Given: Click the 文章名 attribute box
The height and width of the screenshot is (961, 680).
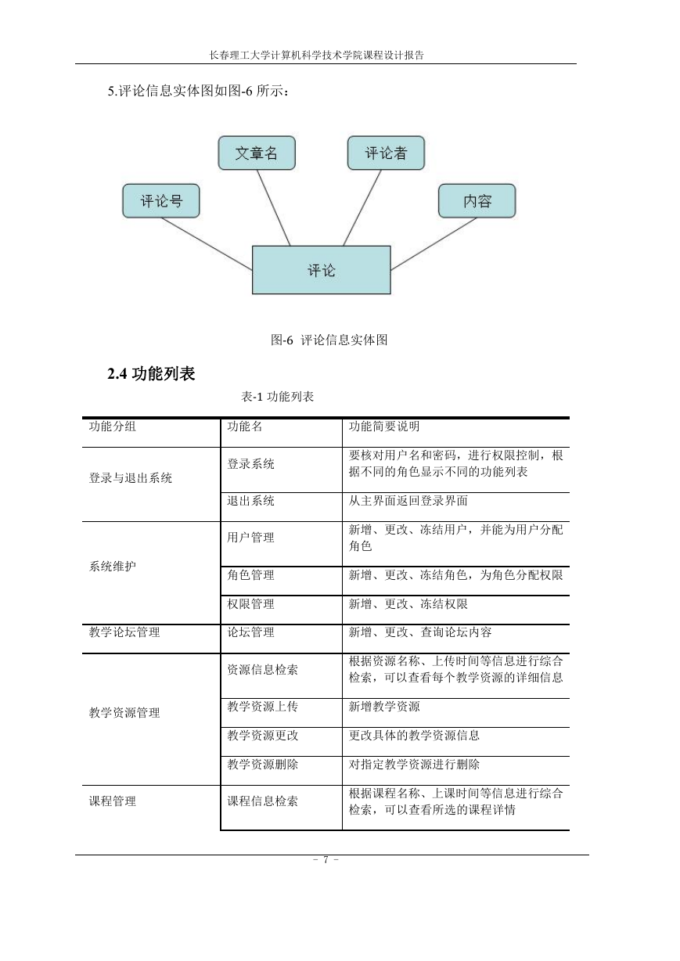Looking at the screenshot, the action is point(257,153).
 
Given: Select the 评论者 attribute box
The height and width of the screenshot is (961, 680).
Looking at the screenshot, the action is point(386,153).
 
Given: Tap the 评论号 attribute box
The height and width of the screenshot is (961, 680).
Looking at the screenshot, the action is point(161,201).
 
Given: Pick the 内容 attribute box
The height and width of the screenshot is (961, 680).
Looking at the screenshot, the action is point(477,201).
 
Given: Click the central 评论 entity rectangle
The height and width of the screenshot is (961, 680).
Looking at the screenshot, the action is point(322,270).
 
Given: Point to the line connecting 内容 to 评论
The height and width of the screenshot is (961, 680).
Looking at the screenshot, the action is point(434,243).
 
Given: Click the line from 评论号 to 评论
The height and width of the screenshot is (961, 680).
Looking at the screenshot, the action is point(207,243).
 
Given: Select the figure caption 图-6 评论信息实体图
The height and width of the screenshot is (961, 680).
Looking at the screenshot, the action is point(329,340).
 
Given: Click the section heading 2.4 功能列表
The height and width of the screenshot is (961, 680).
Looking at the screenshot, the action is point(151,373).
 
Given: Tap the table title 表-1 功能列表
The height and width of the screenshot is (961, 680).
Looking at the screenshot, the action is point(277,397).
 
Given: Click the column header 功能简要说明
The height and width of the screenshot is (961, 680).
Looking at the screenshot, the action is point(384,427).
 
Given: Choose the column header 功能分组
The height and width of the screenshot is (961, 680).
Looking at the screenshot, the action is point(113,427).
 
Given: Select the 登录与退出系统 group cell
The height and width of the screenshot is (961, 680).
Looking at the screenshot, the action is point(131,478).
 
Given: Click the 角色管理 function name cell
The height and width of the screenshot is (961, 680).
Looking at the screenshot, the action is point(250,575).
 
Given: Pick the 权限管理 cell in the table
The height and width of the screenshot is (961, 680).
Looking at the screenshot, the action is point(250,604).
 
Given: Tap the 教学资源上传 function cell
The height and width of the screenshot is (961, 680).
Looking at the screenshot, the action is point(263,707).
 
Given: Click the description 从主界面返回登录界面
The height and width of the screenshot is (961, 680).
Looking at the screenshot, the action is point(408,501).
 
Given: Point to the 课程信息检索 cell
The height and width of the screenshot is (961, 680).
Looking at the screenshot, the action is point(263,801).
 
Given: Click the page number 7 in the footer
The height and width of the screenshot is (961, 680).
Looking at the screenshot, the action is point(326,859).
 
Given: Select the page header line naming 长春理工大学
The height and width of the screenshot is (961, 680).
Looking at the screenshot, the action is point(317,55).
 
